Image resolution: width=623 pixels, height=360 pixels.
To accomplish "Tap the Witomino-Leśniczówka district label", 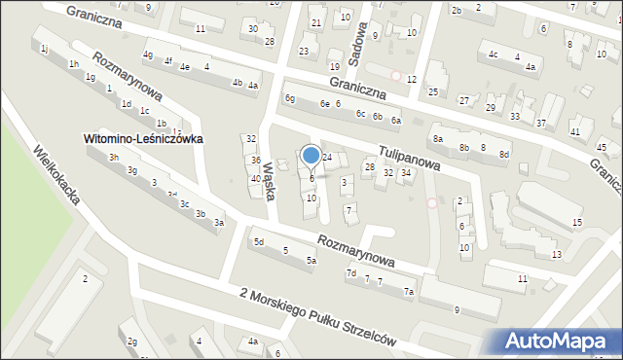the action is (x=143, y=139).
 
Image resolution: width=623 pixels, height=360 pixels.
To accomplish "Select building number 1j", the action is (x=45, y=50).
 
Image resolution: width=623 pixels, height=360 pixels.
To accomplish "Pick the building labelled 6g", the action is (x=289, y=98).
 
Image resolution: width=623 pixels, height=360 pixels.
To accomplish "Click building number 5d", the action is (x=259, y=242).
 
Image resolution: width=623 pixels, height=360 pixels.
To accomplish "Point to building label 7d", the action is (x=350, y=273).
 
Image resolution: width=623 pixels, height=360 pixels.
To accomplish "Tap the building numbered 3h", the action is (x=114, y=158).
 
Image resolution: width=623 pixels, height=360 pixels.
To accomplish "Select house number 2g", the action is (x=132, y=342).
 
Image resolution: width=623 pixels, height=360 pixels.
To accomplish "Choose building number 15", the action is (x=577, y=224).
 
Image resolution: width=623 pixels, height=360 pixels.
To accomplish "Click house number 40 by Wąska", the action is (x=255, y=179).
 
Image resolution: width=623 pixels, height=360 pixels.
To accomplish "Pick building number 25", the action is (x=433, y=92).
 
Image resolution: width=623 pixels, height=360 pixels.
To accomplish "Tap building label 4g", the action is (x=148, y=54).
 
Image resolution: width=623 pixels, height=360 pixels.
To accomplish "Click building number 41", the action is (x=575, y=131).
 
